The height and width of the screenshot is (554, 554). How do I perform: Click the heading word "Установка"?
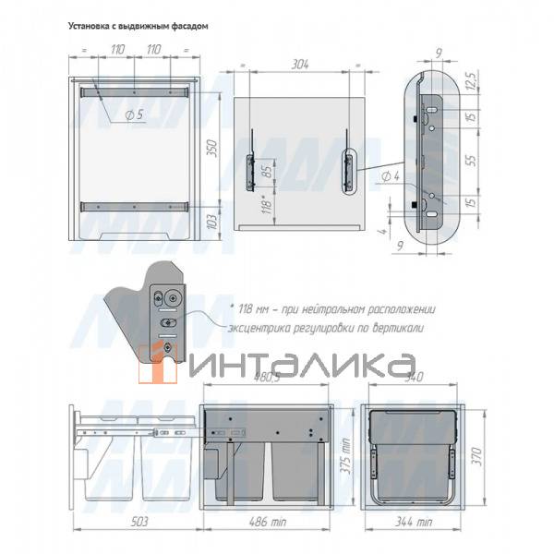pos(91,27)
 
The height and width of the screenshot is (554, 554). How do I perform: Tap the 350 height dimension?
pos(210,149)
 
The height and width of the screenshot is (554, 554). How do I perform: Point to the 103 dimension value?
pos(210,222)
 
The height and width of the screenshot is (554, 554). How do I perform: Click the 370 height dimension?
pos(476,457)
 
